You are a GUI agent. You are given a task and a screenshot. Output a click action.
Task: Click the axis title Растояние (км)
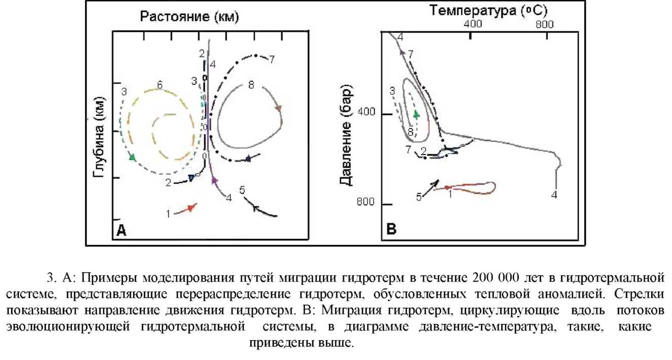point(189,18)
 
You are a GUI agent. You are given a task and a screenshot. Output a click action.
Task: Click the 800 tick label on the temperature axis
point(544,24)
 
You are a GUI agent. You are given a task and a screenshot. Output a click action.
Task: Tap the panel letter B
point(391,230)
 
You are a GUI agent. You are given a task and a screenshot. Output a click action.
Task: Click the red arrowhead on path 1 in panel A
point(191,207)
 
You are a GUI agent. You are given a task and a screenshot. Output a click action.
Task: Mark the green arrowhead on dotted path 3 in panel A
point(132,157)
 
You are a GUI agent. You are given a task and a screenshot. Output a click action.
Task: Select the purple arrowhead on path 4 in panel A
point(214,180)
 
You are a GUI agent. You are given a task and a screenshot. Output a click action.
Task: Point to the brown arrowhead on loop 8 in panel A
point(278,108)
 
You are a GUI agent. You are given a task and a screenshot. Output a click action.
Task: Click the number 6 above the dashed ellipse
point(159,85)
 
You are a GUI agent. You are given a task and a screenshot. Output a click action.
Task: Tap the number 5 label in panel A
point(242,191)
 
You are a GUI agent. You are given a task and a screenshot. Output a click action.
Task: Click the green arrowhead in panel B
point(416,115)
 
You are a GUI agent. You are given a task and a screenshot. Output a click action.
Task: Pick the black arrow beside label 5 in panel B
point(430,187)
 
